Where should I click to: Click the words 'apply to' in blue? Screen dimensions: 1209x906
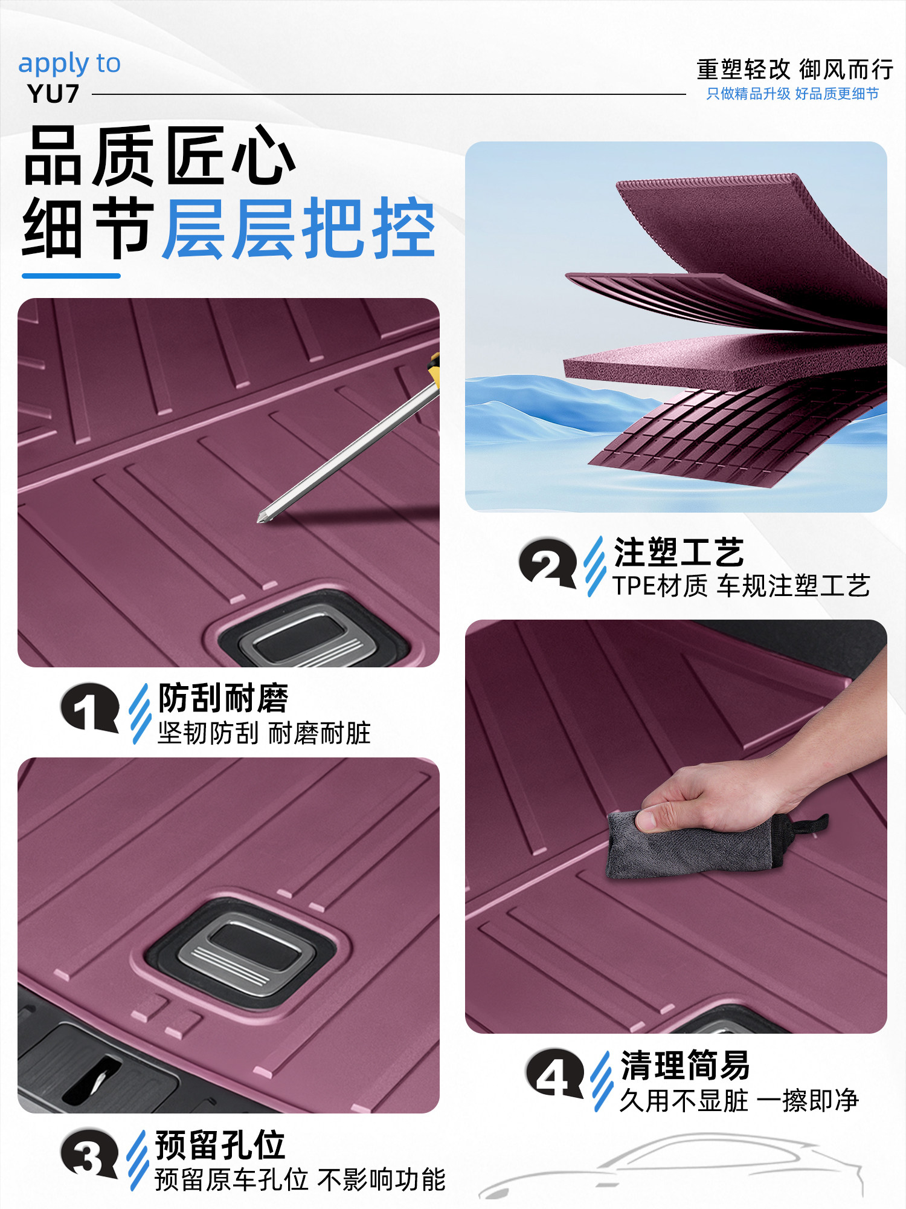pyautogui.click(x=69, y=64)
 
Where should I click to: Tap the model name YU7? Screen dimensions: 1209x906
pyautogui.click(x=53, y=94)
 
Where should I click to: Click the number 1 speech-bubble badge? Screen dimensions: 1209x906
pyautogui.click(x=89, y=707)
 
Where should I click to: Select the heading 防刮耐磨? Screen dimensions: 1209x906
pyautogui.click(x=223, y=698)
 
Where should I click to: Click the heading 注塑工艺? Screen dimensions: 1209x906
pyautogui.click(x=679, y=552)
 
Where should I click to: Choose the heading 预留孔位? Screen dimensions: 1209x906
pyautogui.click(x=220, y=1145)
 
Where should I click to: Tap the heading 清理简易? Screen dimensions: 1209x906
pyautogui.click(x=686, y=1066)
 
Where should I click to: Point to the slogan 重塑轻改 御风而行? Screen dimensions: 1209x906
pyautogui.click(x=794, y=70)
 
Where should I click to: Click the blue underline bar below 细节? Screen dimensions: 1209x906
pyautogui.click(x=71, y=276)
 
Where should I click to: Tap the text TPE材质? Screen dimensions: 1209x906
pyautogui.click(x=660, y=586)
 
